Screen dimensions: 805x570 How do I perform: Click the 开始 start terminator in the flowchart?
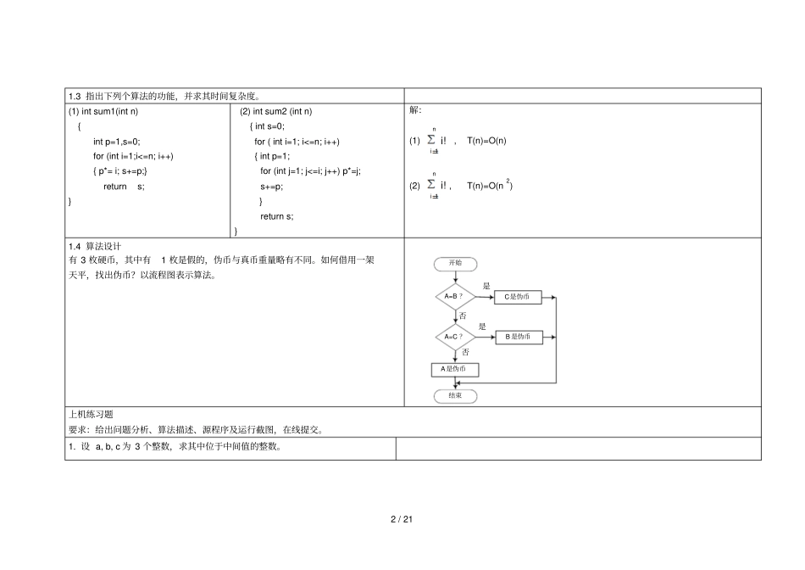pyautogui.click(x=455, y=264)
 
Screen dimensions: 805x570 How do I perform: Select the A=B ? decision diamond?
pyautogui.click(x=455, y=297)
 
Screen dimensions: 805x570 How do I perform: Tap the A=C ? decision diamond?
pyautogui.click(x=455, y=338)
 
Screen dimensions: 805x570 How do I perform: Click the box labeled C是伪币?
pyautogui.click(x=518, y=297)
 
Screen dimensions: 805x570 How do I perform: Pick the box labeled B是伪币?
pyautogui.click(x=519, y=338)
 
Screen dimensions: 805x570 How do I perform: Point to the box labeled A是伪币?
pyautogui.click(x=455, y=370)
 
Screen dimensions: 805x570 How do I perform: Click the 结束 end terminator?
pyautogui.click(x=455, y=396)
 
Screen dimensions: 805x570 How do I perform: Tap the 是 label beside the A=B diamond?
pyautogui.click(x=486, y=286)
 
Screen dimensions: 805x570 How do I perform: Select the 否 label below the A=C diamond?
pyautogui.click(x=465, y=352)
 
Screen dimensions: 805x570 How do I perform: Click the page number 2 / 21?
pyautogui.click(x=402, y=519)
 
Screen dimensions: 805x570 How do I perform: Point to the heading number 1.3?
pyautogui.click(x=75, y=96)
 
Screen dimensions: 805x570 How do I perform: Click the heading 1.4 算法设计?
pyautogui.click(x=95, y=246)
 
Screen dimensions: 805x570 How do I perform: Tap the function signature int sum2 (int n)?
pyautogui.click(x=282, y=111)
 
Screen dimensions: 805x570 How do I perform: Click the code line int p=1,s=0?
pyautogui.click(x=117, y=142)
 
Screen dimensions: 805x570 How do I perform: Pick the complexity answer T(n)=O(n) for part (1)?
pyautogui.click(x=486, y=141)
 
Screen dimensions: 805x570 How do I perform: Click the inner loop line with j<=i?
pyautogui.click(x=311, y=171)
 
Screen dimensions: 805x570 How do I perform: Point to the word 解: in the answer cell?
pyautogui.click(x=415, y=110)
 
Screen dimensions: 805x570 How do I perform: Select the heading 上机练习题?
pyautogui.click(x=91, y=414)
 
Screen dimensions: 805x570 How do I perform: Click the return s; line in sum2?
pyautogui.click(x=277, y=216)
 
